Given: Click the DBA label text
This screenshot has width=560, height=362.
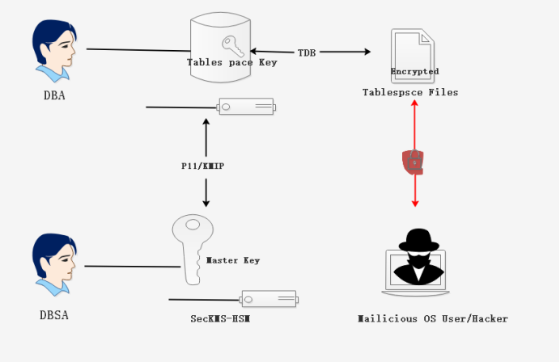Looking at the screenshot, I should point(54,95).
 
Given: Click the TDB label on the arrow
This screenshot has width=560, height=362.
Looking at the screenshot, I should point(307,53).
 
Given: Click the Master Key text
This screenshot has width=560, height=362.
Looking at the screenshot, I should point(233,260).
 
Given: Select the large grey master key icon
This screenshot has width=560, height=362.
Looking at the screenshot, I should point(191,247).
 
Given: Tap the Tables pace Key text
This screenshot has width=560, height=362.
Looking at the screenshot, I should point(232,62).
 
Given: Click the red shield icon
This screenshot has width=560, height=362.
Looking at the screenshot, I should point(414,162).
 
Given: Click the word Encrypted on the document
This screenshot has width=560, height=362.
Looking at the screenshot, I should point(414,71).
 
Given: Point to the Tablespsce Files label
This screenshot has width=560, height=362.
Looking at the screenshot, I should point(410,92).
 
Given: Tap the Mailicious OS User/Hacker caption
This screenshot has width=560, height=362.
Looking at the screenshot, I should point(433,318).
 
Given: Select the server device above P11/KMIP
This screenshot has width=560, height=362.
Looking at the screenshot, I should point(246,107).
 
